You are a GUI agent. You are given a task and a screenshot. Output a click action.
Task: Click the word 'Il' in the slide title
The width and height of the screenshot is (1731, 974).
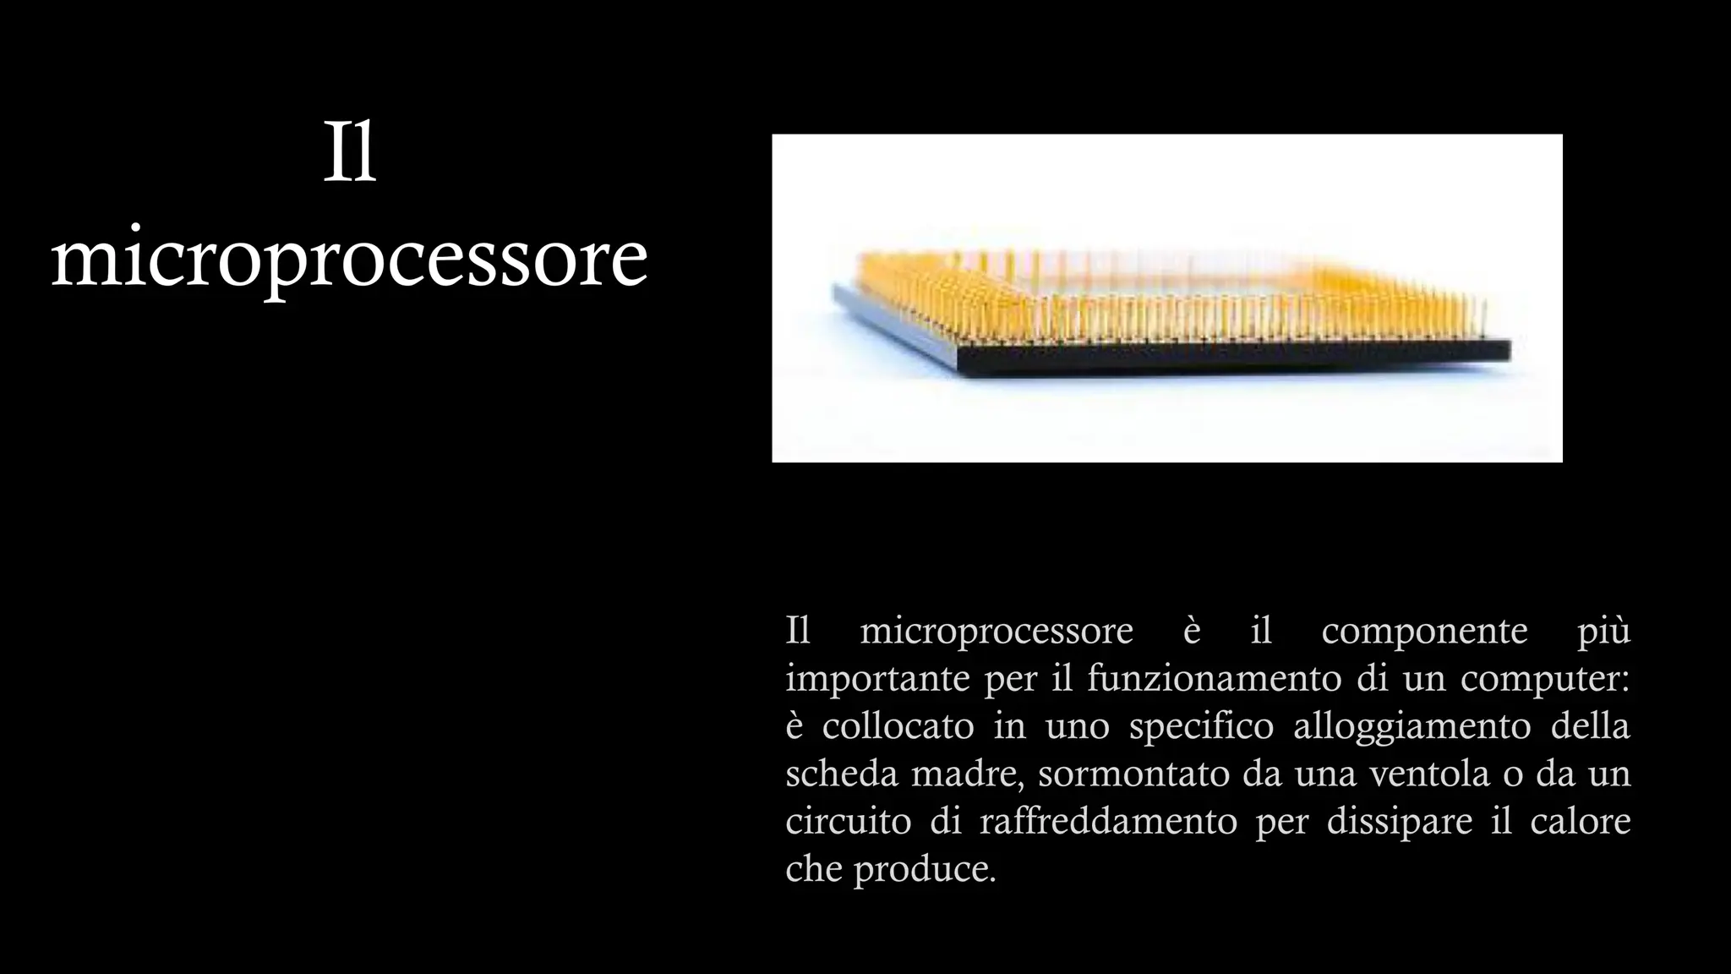(349, 156)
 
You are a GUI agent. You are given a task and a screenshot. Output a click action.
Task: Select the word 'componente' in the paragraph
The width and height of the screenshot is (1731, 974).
(1424, 631)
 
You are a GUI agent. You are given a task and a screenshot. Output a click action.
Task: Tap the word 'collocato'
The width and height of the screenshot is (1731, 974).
(898, 726)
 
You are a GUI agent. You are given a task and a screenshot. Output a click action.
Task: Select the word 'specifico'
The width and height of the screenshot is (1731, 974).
(1201, 727)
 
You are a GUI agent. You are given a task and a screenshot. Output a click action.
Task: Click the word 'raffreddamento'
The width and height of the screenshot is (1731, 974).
(1108, 821)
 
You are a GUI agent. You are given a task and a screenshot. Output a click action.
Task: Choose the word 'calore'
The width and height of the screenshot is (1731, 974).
(1580, 821)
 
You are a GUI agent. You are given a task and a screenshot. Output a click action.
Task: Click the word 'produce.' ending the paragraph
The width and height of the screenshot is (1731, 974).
(925, 869)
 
